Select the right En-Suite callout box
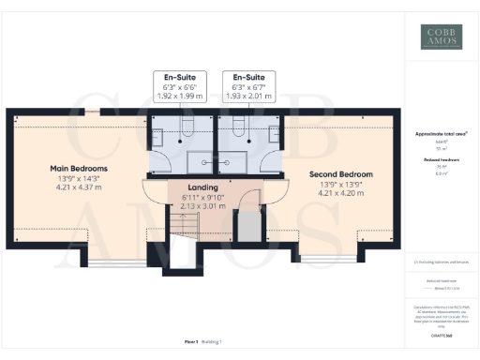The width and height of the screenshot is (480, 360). coord(248,87)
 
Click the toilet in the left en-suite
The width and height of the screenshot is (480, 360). coord(187,127)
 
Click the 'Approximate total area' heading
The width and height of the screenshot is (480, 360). coord(441,134)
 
